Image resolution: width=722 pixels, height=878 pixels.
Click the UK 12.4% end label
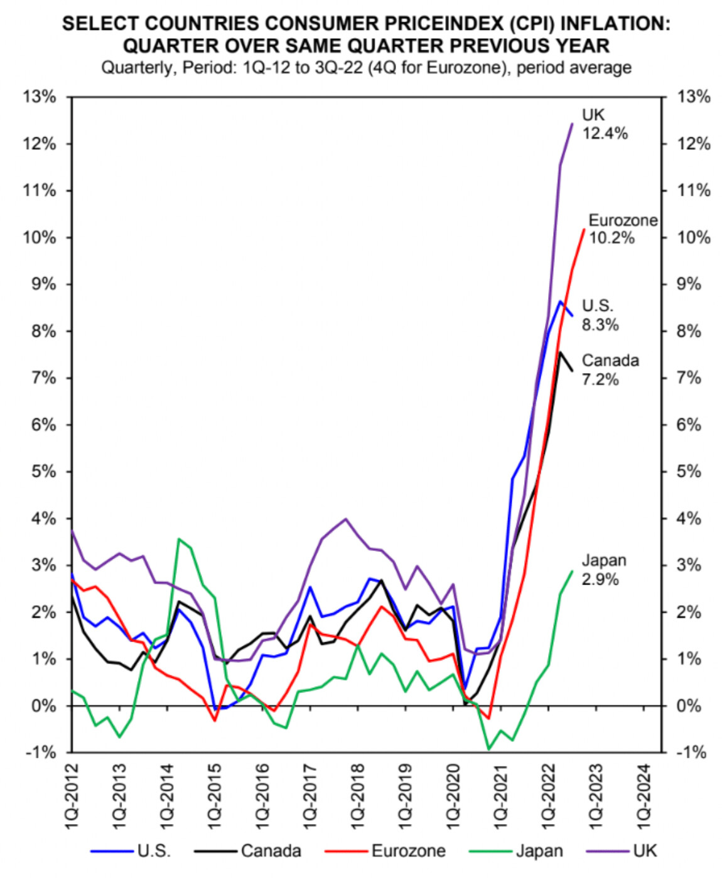coord(604,124)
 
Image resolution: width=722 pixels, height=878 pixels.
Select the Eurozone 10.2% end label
coord(622,229)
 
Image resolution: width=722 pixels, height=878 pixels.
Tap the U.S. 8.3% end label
coord(600,315)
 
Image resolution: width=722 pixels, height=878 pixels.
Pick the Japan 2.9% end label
coord(603,569)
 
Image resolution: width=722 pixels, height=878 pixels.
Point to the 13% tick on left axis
coord(40,97)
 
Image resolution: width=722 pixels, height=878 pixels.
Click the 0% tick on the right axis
coord(690,706)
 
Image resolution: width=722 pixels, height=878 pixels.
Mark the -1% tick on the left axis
coord(41,753)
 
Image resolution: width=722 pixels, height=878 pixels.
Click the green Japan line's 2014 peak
coord(180,539)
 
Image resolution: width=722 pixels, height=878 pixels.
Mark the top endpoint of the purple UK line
coord(572,124)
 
